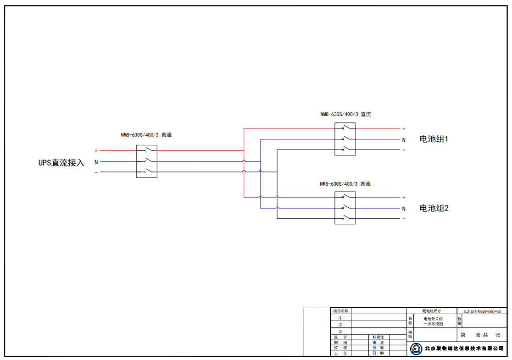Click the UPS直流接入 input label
click(61, 163)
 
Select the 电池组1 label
click(434, 139)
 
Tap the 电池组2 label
click(434, 208)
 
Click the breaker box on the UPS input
click(146, 161)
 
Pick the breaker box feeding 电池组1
click(345, 139)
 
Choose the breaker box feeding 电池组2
click(345, 208)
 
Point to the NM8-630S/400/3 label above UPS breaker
click(146, 135)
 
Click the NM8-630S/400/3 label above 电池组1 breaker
click(345, 114)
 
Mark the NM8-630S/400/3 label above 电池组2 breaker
click(345, 184)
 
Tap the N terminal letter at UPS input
click(96, 162)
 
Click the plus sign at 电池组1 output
click(404, 129)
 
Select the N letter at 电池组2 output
click(404, 209)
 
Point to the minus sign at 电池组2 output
click(404, 219)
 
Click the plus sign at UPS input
click(96, 151)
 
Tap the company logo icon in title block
click(416, 349)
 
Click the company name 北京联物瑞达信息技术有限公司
click(464, 349)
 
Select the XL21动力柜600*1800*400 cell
click(482, 311)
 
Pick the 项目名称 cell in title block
click(340, 311)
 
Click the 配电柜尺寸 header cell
click(431, 311)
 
